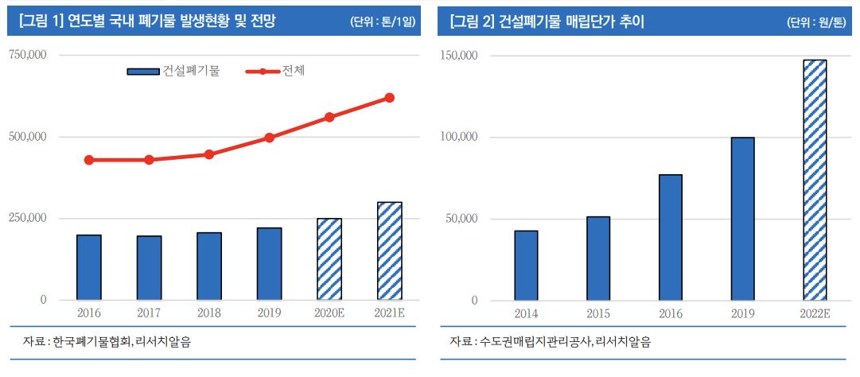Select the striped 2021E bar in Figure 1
pos(389,251)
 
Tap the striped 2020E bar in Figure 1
pos(329,258)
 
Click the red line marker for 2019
pos(270,138)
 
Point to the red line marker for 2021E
pos(389,98)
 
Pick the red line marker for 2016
pos(89,160)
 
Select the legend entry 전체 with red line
pos(279,72)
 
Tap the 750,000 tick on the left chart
pos(28,55)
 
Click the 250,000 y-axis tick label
pos(28,218)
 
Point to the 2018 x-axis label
pos(209,313)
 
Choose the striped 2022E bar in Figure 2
pos(815,180)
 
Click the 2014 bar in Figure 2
pos(526,265)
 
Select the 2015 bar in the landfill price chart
pos(598,258)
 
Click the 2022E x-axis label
pos(815,314)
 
